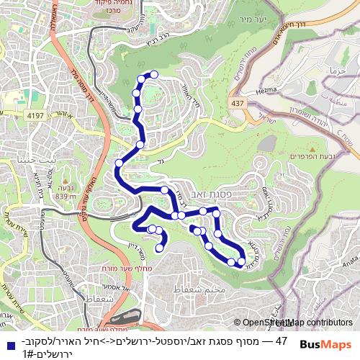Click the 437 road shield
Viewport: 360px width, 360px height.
(x=236, y=105)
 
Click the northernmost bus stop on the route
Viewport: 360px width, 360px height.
(x=153, y=74)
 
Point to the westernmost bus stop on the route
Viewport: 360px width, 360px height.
(x=119, y=163)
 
